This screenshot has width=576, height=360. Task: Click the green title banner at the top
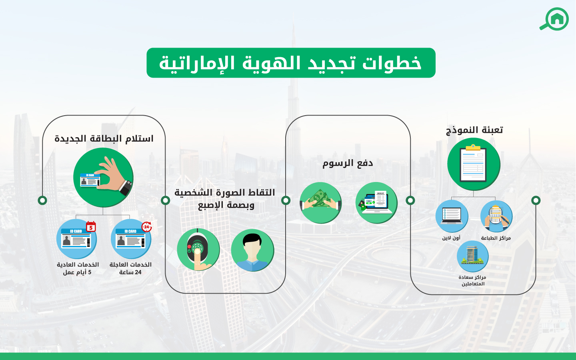point(291,63)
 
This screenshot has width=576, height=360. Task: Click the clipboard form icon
point(474,164)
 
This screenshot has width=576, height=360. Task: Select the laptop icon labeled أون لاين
point(452,216)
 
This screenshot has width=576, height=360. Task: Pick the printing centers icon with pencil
point(496,216)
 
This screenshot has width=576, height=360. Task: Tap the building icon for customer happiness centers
point(472,256)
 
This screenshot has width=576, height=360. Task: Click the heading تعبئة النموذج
point(474,130)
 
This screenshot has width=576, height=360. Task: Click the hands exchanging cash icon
point(320,202)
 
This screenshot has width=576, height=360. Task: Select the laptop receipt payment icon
point(376,202)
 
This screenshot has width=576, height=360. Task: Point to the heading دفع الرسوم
point(348,163)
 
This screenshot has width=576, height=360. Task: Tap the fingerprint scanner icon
point(198,250)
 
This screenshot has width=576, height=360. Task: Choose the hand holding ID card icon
point(103,178)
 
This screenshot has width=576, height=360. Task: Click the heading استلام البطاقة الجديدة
point(104,138)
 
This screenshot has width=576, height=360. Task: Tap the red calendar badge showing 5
point(91,226)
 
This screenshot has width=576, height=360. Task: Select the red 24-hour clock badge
point(147,226)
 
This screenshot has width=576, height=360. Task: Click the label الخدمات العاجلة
point(130,264)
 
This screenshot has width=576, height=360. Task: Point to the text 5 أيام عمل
point(77,272)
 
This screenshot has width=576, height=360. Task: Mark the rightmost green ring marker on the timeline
point(536,200)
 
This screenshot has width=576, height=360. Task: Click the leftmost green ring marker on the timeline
point(42,200)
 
